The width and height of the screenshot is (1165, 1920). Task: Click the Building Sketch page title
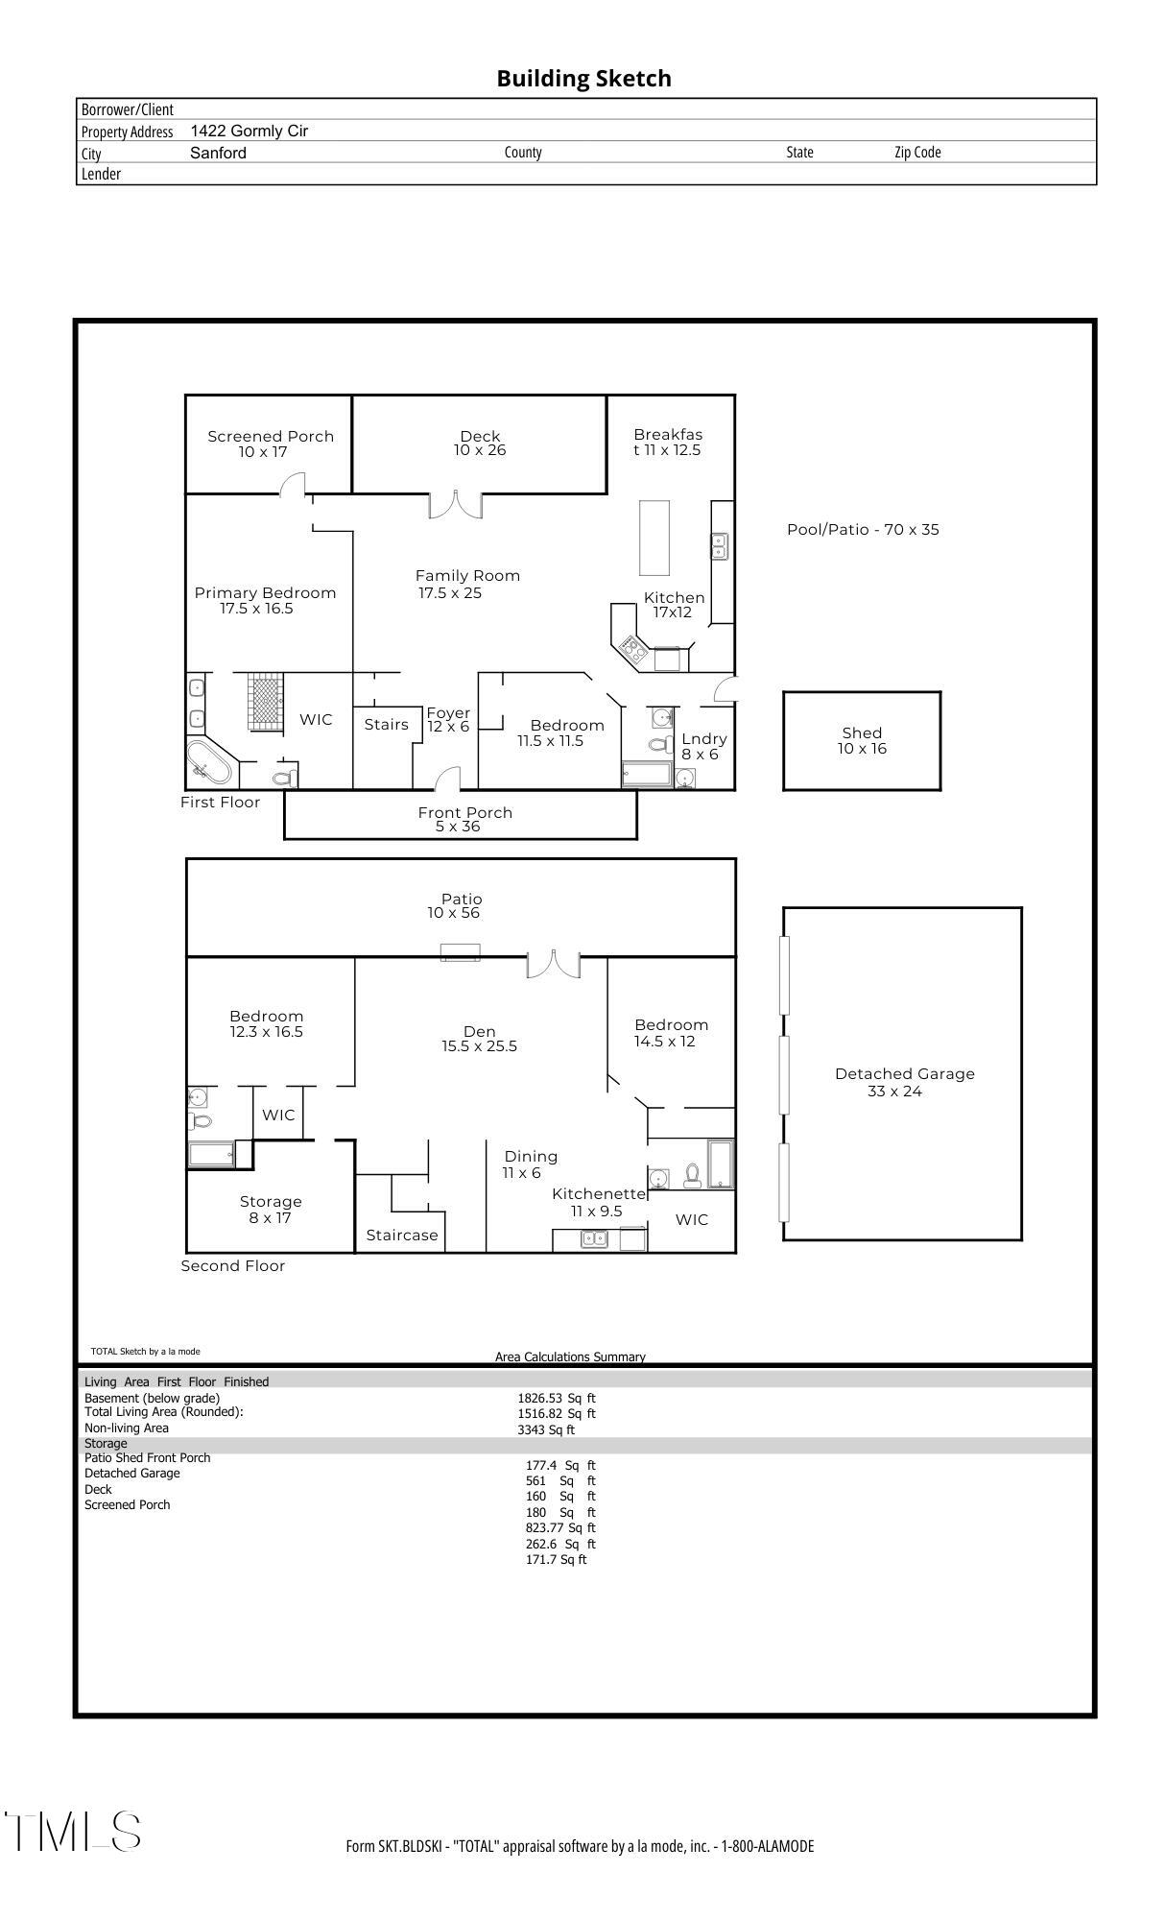pyautogui.click(x=583, y=79)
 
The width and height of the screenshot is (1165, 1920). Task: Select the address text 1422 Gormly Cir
pyautogui.click(x=250, y=131)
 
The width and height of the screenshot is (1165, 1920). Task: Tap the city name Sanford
pyautogui.click(x=218, y=153)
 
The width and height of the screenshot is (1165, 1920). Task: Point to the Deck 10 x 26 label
pyautogui.click(x=480, y=443)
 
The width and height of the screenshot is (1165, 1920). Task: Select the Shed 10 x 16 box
pyautogui.click(x=862, y=740)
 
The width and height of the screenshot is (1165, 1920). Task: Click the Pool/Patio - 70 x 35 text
pyautogui.click(x=863, y=529)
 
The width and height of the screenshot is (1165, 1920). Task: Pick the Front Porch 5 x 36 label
pyautogui.click(x=464, y=819)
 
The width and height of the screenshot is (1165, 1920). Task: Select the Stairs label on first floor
pyautogui.click(x=386, y=725)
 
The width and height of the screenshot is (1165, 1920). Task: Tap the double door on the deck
pyautogui.click(x=455, y=504)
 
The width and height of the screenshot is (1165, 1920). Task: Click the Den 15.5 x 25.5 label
pyautogui.click(x=479, y=1039)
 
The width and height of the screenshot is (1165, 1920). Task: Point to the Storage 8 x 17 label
pyautogui.click(x=271, y=1210)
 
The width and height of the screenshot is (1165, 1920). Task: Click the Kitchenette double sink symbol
pyautogui.click(x=594, y=1239)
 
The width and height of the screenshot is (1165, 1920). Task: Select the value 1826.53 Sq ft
pyautogui.click(x=557, y=1398)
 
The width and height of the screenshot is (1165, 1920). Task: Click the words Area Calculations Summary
pyautogui.click(x=570, y=1356)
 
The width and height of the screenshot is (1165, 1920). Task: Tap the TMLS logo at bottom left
pyautogui.click(x=73, y=1832)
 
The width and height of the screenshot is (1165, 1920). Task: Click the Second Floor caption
pyautogui.click(x=233, y=1265)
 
